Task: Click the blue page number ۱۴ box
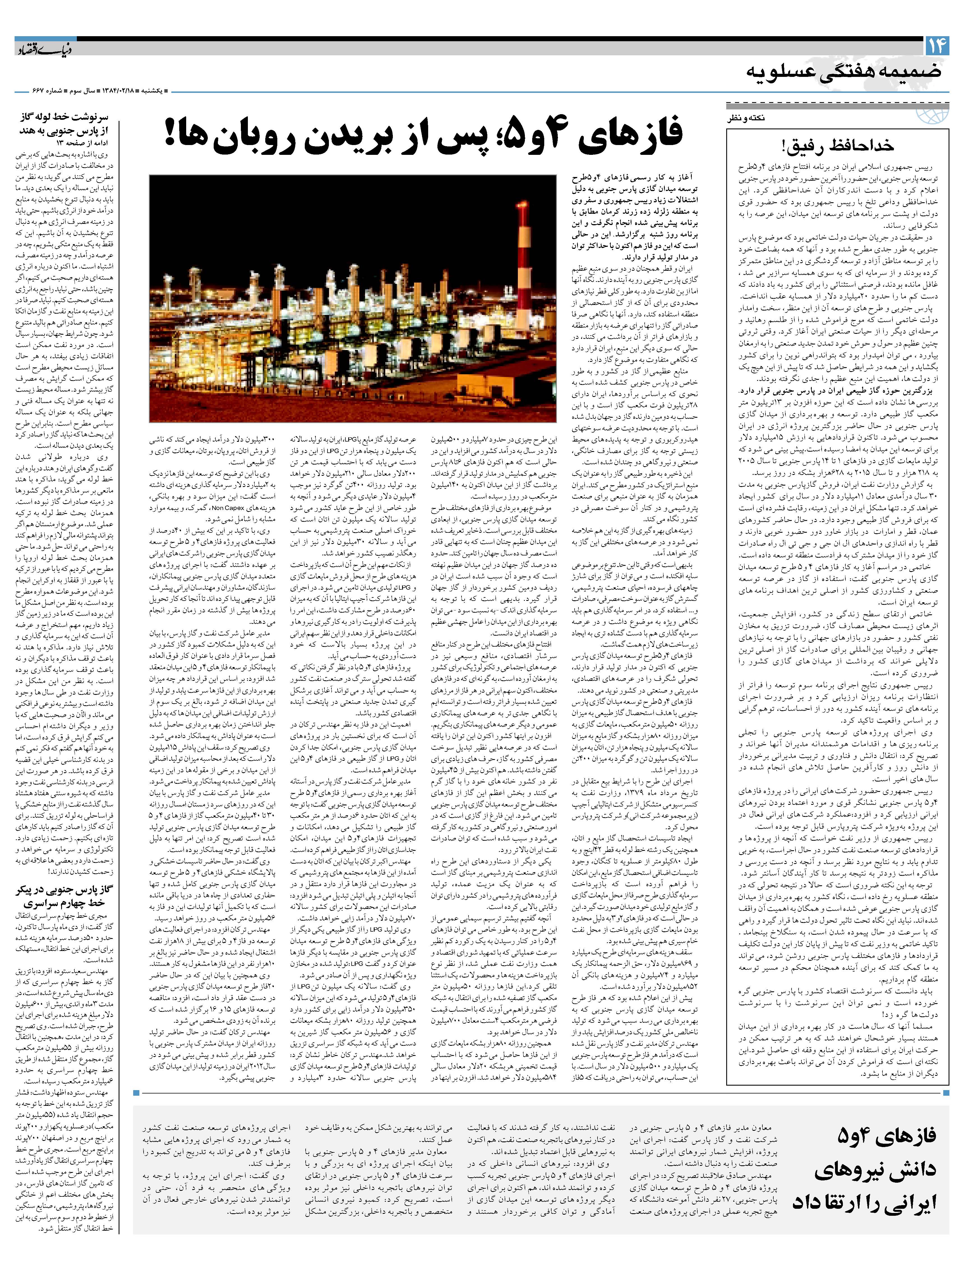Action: coord(935,45)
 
